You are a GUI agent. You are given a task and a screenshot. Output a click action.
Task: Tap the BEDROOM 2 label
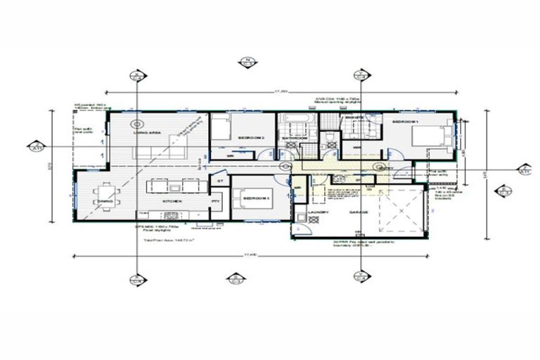pos(251,137)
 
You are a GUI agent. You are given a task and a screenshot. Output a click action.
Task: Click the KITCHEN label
pos(172,202)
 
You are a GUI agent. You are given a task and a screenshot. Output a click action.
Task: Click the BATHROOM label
pos(295,138)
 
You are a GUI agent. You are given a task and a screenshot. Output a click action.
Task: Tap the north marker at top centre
pos(247,62)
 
